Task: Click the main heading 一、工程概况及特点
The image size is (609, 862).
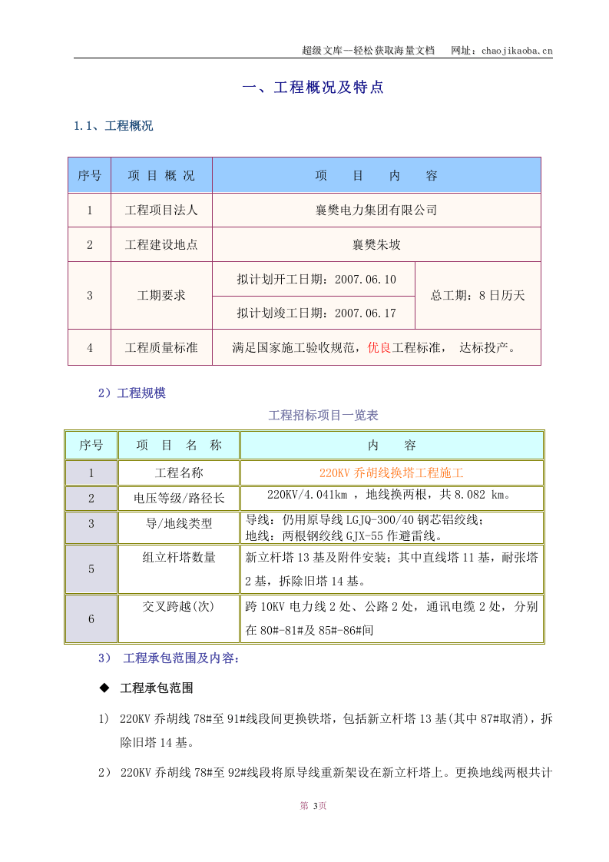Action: point(313,88)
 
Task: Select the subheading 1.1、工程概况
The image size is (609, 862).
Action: point(113,126)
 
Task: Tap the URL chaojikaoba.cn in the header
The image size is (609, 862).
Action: point(516,51)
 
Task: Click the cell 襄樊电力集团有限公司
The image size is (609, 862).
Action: point(376,210)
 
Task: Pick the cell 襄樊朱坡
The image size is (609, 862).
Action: point(376,245)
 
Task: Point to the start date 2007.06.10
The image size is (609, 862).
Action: point(366,279)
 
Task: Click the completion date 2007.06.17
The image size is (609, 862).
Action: point(366,313)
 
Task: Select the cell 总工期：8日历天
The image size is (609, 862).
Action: point(478,296)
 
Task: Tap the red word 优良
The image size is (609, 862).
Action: point(379,348)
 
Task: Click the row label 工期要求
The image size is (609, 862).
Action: point(161,296)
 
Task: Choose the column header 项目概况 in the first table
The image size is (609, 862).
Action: point(161,175)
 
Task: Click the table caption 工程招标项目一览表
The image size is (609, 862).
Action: point(323,416)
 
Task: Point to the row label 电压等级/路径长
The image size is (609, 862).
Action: point(179,498)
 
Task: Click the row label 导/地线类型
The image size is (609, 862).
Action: point(179,523)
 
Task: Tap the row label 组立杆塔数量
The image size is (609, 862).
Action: point(179,557)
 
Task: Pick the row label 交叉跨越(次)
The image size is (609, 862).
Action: point(179,606)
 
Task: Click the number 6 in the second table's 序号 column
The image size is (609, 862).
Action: point(91,618)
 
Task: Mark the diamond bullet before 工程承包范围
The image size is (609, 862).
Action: point(104,688)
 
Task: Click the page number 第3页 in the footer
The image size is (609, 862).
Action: point(313,806)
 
